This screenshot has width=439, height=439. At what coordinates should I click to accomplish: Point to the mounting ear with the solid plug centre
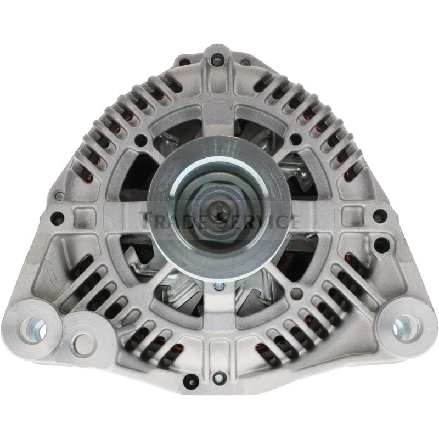(82, 336)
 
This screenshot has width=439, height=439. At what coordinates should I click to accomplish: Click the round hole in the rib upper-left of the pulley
(142, 139)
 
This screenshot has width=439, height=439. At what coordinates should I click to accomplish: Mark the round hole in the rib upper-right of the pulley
(297, 139)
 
